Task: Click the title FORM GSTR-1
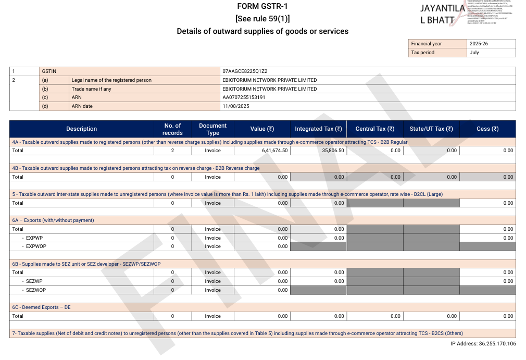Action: [x=262, y=6]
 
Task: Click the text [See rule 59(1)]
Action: [x=262, y=19]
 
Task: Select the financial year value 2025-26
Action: [x=479, y=44]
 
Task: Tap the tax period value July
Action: [x=474, y=53]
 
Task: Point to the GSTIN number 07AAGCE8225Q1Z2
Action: [x=245, y=71]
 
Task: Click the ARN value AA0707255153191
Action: [x=244, y=97]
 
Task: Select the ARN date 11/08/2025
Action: [x=236, y=106]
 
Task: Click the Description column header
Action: [x=81, y=129]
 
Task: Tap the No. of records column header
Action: [x=172, y=129]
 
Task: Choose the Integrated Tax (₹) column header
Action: [x=318, y=129]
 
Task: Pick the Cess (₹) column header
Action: [x=487, y=129]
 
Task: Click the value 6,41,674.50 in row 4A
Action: [x=275, y=151]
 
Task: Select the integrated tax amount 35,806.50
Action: [x=330, y=151]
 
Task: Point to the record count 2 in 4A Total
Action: [x=172, y=151]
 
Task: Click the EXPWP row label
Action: [x=34, y=238]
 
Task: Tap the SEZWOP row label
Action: [x=36, y=290]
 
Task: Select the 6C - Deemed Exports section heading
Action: [x=41, y=307]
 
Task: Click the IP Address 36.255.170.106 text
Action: [x=483, y=344]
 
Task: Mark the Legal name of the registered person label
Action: [x=111, y=80]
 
